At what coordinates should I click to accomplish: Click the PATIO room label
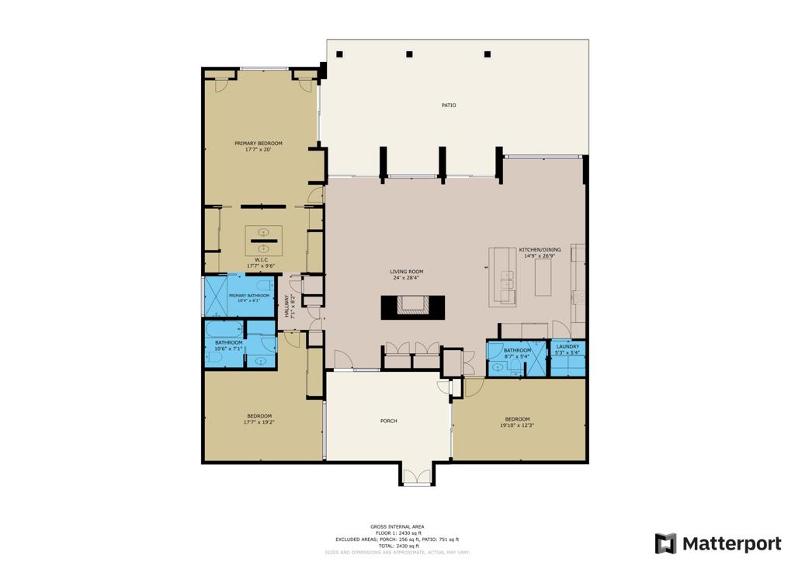[x=449, y=105]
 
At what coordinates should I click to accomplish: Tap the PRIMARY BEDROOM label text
[x=259, y=144]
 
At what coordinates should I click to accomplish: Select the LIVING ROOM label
[x=406, y=272]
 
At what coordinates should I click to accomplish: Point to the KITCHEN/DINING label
[x=540, y=250]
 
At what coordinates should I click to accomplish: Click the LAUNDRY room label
[x=568, y=346]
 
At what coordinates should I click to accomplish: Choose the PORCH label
[x=389, y=421]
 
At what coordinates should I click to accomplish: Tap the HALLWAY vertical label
[x=286, y=306]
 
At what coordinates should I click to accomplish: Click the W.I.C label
[x=261, y=260]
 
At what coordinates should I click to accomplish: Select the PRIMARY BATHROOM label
[x=249, y=296]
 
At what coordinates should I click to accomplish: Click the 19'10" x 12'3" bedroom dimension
[x=517, y=425]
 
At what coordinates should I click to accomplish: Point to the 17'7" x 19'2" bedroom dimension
[x=259, y=423]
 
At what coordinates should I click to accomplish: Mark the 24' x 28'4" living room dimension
[x=406, y=278]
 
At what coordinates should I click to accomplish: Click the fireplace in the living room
[x=413, y=307]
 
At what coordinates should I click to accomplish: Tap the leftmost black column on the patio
[x=339, y=54]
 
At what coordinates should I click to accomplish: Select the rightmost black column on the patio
[x=488, y=54]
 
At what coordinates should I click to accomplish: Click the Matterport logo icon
[x=665, y=543]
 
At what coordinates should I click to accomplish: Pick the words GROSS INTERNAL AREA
[x=397, y=526]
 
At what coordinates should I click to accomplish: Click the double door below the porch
[x=416, y=475]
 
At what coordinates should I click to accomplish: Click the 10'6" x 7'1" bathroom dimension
[x=229, y=349]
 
